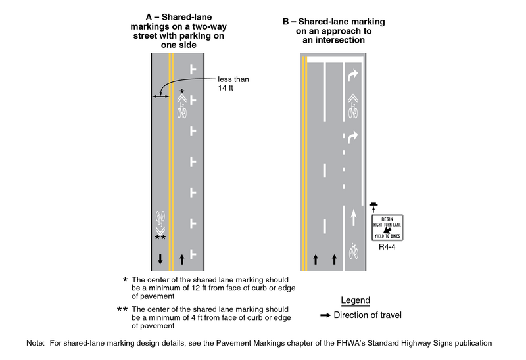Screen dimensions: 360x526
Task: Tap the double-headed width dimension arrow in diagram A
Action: [x=160, y=97]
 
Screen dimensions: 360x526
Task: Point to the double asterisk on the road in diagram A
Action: [x=160, y=237]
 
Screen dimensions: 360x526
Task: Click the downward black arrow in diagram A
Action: [x=160, y=259]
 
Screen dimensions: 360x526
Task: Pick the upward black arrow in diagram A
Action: [x=182, y=259]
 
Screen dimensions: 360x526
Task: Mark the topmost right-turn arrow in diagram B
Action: [x=353, y=77]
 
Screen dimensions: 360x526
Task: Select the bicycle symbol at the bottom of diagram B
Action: [x=353, y=250]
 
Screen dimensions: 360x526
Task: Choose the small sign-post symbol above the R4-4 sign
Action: [x=374, y=206]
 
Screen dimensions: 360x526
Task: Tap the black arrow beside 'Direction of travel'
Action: [x=325, y=315]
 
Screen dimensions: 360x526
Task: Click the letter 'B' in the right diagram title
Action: [x=286, y=22]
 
